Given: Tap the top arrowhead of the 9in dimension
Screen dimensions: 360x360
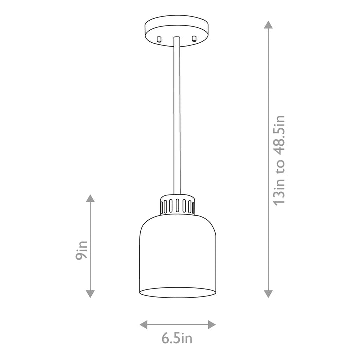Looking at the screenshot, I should click(x=90, y=198).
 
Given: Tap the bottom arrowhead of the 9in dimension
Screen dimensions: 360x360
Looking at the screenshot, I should click(x=90, y=294).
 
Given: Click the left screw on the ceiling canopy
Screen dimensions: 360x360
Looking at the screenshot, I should click(x=159, y=39).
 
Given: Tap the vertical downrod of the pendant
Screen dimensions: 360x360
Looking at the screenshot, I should click(x=177, y=115).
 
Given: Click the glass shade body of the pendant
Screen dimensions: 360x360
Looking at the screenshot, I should click(x=177, y=250).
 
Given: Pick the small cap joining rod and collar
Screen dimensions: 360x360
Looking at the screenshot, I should click(x=177, y=195).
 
